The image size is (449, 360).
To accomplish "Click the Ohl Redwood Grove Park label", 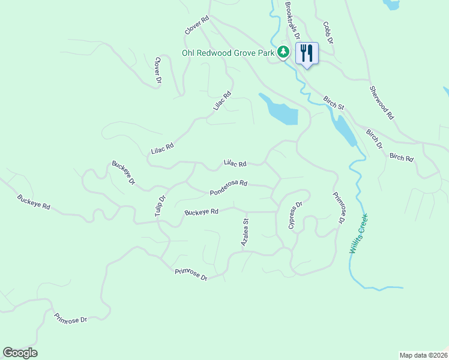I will point(228,53).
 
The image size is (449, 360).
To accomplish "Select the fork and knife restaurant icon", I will point(307,53).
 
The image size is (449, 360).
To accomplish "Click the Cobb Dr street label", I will point(328,31).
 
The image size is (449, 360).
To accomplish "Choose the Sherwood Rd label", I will point(381,101).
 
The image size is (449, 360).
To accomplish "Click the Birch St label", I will point(333,102).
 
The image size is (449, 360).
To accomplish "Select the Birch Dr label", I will point(374,137).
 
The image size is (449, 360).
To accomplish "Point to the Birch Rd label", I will point(402,158).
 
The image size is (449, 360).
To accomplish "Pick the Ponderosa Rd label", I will point(228,188).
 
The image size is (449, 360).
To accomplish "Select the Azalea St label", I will point(245,232).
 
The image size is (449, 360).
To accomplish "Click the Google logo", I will point(20,353).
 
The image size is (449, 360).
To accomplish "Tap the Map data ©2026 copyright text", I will point(423,355).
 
